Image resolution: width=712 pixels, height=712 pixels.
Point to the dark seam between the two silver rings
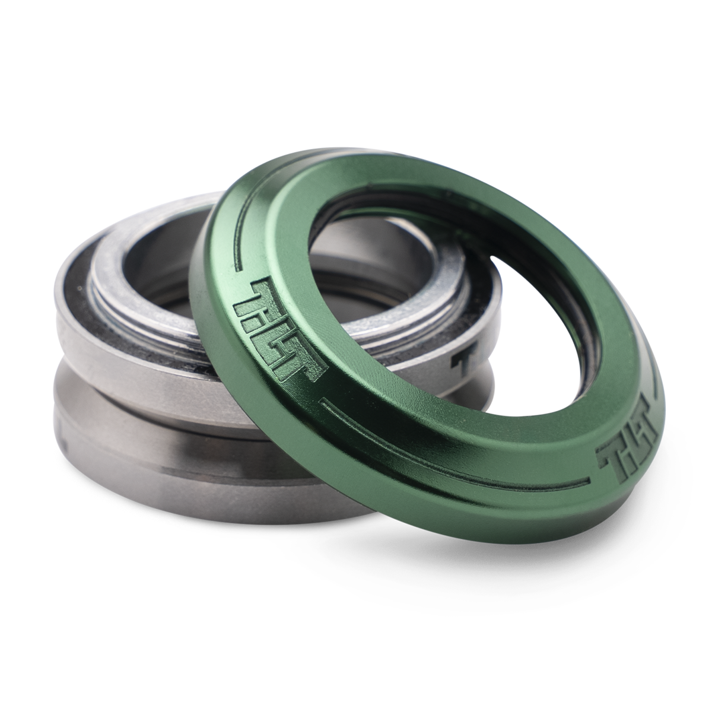coord(119,380)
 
